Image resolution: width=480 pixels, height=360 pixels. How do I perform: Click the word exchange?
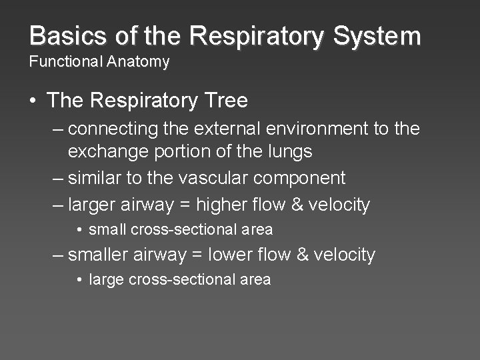tap(108, 151)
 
